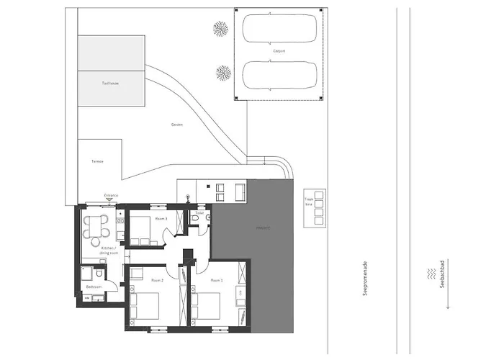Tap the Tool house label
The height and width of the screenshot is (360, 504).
[x=110, y=84]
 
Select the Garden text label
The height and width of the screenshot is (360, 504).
[x=176, y=125]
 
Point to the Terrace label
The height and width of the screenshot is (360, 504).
[x=97, y=161]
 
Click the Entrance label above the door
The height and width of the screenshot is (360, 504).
[x=111, y=195]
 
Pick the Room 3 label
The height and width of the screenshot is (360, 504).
[x=161, y=218]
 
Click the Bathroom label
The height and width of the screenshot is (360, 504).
[x=92, y=287]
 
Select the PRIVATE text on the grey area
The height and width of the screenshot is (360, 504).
[x=263, y=228]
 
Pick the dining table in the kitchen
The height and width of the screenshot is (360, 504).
[x=96, y=225]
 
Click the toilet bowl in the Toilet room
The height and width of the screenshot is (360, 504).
[x=205, y=217]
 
